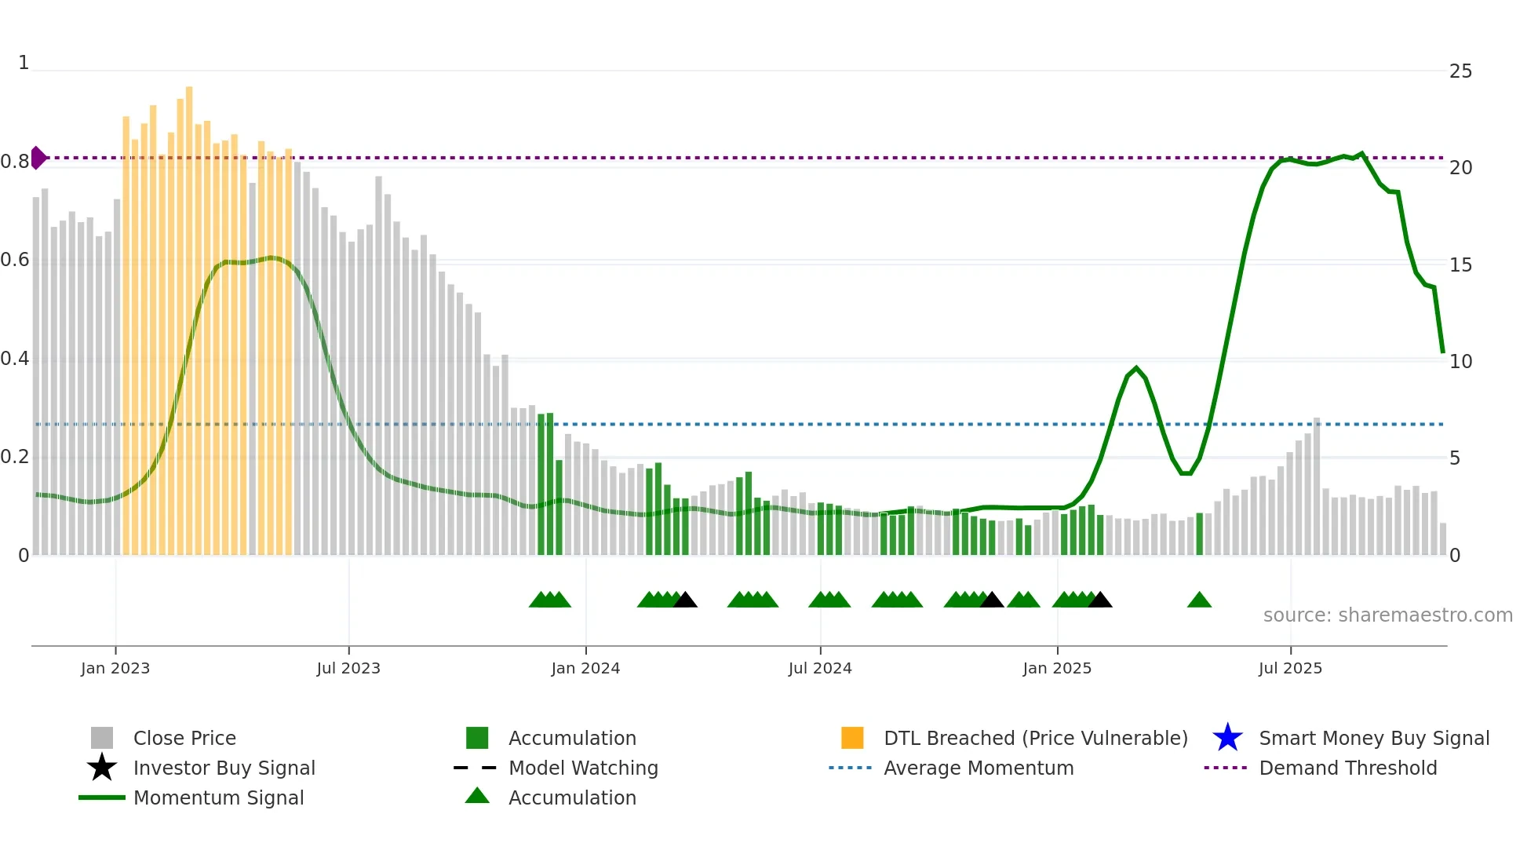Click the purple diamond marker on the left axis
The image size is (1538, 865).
click(38, 158)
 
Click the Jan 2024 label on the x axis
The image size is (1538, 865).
click(585, 669)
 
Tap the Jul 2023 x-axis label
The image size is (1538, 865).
click(348, 669)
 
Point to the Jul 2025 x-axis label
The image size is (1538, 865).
click(1290, 669)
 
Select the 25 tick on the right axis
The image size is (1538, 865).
click(1460, 71)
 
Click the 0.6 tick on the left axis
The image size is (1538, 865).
click(15, 260)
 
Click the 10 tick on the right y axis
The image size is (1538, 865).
click(1460, 362)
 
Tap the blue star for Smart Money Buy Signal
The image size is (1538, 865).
click(1227, 738)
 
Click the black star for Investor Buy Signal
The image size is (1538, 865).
click(102, 768)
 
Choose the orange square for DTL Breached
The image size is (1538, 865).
click(852, 738)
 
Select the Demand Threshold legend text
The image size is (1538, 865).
click(1347, 768)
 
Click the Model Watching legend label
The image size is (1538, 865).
click(583, 768)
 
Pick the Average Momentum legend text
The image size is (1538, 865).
click(979, 768)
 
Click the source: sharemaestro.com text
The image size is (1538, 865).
click(1387, 615)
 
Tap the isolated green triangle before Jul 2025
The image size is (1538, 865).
click(1199, 600)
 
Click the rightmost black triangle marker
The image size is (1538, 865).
click(1100, 600)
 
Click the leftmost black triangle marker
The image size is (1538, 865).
click(685, 600)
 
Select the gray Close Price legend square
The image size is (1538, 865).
click(102, 738)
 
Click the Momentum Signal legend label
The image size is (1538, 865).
click(218, 797)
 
